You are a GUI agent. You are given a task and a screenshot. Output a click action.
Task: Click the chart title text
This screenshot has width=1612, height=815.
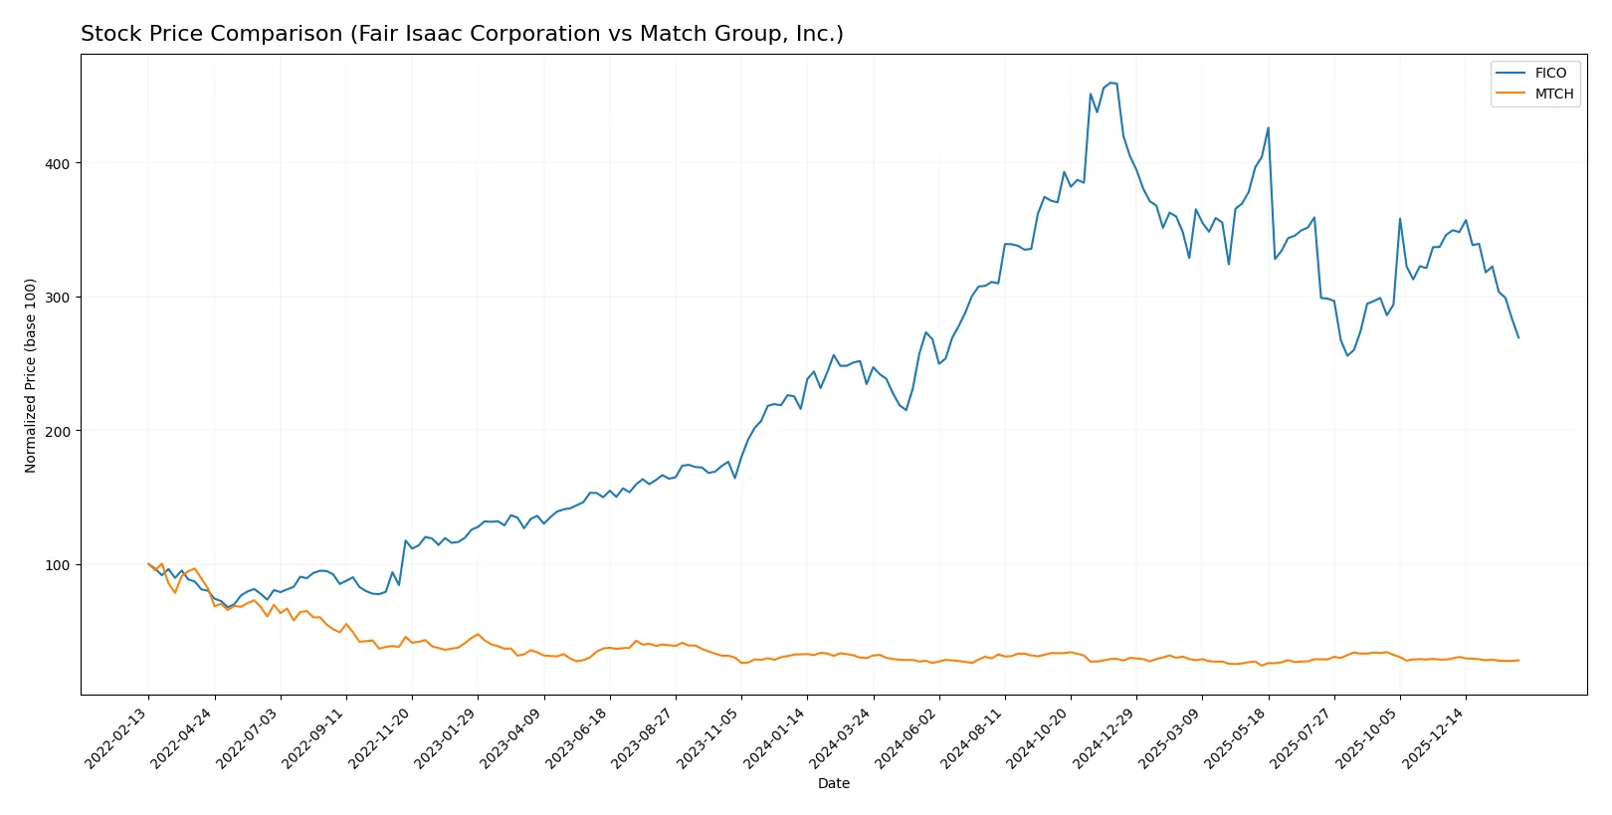point(462,34)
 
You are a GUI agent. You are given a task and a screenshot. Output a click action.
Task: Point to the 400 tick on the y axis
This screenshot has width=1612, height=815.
point(59,163)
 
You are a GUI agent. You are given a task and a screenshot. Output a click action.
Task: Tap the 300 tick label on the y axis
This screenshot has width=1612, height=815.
point(59,298)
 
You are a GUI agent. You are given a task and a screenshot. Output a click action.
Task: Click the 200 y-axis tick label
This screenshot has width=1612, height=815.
point(59,431)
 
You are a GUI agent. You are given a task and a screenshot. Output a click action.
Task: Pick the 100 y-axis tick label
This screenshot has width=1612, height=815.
point(59,565)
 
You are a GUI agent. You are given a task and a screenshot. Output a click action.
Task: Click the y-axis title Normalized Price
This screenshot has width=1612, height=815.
point(31,375)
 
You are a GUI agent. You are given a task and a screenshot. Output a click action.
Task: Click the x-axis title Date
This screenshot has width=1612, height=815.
point(833,783)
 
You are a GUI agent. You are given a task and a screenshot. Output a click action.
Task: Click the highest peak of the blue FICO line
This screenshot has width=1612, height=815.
point(1110,83)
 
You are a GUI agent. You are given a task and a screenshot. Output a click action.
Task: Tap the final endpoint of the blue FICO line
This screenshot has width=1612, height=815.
point(1518,337)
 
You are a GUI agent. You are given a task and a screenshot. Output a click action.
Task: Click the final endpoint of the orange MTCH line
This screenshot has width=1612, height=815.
point(1518,660)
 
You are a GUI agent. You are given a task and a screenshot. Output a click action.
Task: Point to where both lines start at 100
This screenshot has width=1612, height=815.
point(148,564)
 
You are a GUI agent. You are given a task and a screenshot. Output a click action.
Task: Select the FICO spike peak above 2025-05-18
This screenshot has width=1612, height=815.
point(1268,127)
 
